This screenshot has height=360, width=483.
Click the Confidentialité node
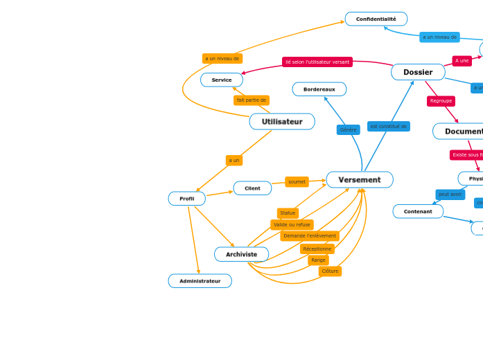point(376,19)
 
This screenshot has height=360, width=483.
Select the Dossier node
point(418,72)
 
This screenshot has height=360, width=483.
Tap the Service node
point(222,80)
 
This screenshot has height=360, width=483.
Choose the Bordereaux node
point(319,89)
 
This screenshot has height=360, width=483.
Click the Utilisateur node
point(282,122)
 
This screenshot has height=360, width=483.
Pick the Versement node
point(359,180)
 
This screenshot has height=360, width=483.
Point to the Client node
point(252,188)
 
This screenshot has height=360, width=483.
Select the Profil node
point(186,199)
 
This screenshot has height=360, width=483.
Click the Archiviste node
point(241,254)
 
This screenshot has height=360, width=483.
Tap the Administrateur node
point(200,281)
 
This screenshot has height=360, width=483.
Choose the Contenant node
point(418,211)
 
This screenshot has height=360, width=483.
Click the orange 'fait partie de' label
point(251,100)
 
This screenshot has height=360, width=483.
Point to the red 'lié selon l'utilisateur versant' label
point(317,62)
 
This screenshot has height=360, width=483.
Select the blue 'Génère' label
point(348,129)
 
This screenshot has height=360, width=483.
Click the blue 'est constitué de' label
point(388,127)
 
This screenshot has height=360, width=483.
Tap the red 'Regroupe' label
point(441,101)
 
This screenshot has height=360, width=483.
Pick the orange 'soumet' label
point(297,182)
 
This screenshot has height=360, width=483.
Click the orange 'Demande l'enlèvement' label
point(310,236)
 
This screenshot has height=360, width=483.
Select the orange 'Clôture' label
point(330,271)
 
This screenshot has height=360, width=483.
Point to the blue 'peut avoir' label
point(450,195)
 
